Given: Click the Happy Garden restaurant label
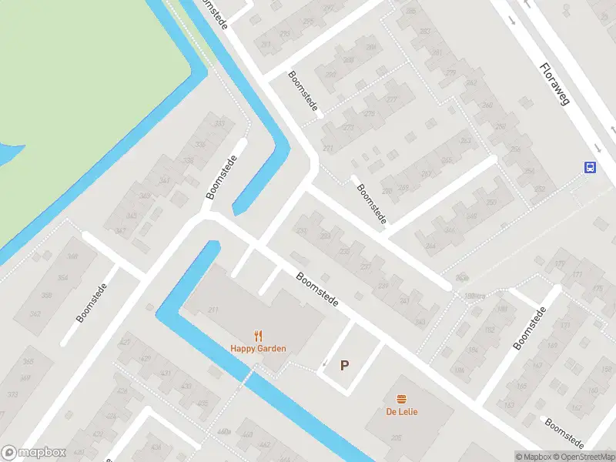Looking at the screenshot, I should tap(258, 348).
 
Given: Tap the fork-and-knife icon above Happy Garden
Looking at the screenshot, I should tap(258, 335).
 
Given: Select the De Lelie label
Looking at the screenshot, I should tap(402, 411).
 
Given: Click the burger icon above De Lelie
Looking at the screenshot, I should tap(402, 398).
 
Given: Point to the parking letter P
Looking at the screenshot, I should tap(344, 366).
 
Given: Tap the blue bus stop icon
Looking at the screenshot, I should tap(590, 167).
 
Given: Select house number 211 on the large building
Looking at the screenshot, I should tap(213, 310).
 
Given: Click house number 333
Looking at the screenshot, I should tap(220, 124).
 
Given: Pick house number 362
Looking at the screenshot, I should tap(35, 314).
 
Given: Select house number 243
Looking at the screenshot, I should tap(420, 322).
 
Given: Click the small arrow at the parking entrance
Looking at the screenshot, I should tap(324, 363).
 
